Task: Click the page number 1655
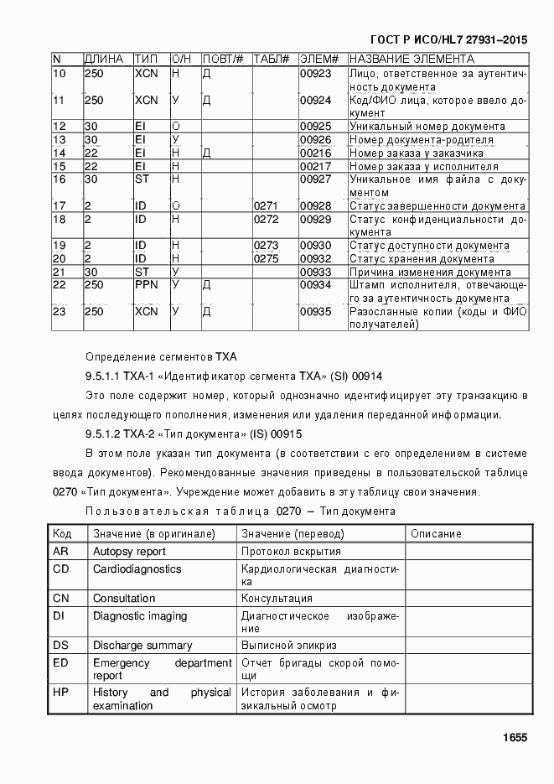[514, 737]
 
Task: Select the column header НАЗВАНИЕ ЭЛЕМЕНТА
[412, 60]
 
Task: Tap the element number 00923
[316, 74]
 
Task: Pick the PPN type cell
[147, 285]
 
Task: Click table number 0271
[266, 206]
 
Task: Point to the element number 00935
[316, 311]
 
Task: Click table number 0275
[266, 259]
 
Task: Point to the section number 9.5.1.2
[103, 434]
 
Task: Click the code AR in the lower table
[60, 552]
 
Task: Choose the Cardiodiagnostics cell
[137, 569]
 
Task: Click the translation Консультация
[277, 599]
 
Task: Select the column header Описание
[436, 534]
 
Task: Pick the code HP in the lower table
[60, 693]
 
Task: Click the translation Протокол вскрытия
[291, 552]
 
